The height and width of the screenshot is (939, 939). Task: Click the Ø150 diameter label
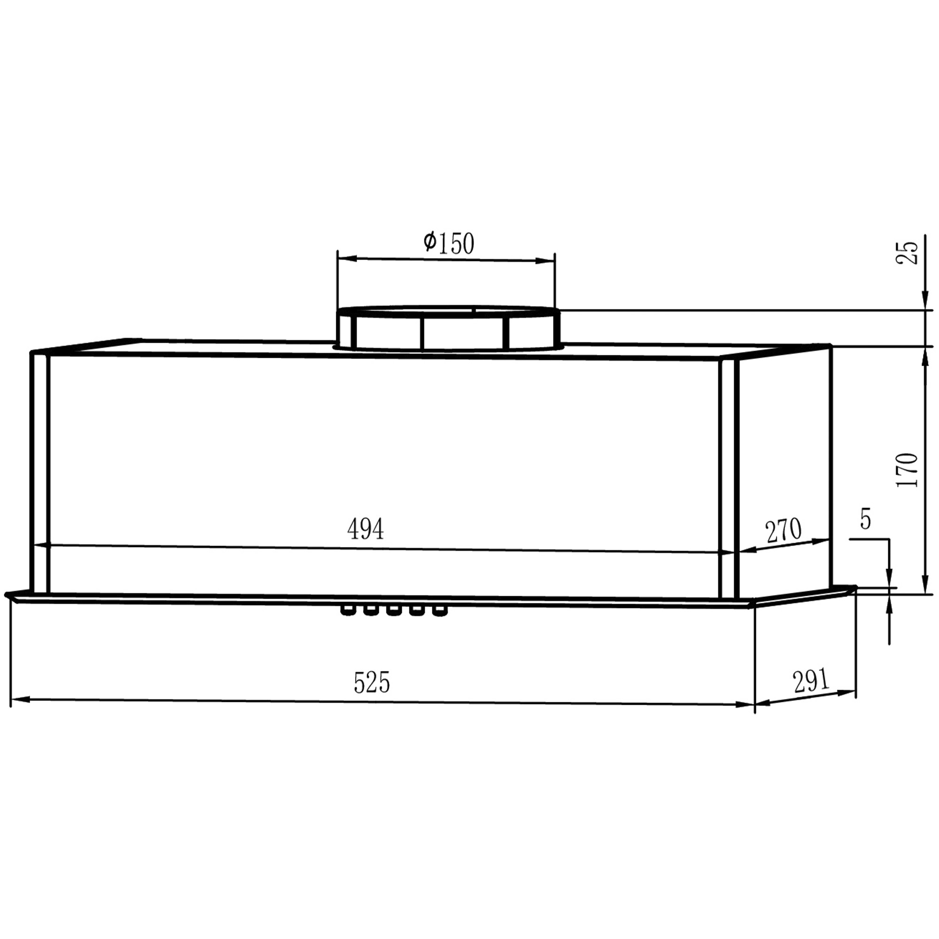(x=448, y=243)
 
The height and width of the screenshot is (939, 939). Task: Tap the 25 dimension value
(x=908, y=253)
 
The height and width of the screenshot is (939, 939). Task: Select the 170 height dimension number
(x=908, y=470)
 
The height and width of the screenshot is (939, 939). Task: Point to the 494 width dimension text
(x=365, y=529)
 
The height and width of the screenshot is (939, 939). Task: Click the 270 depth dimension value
(x=784, y=531)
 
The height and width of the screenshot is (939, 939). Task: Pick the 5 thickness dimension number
(x=866, y=519)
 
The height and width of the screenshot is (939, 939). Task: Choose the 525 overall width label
(x=372, y=682)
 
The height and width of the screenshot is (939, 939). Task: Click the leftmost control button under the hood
(x=347, y=610)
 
